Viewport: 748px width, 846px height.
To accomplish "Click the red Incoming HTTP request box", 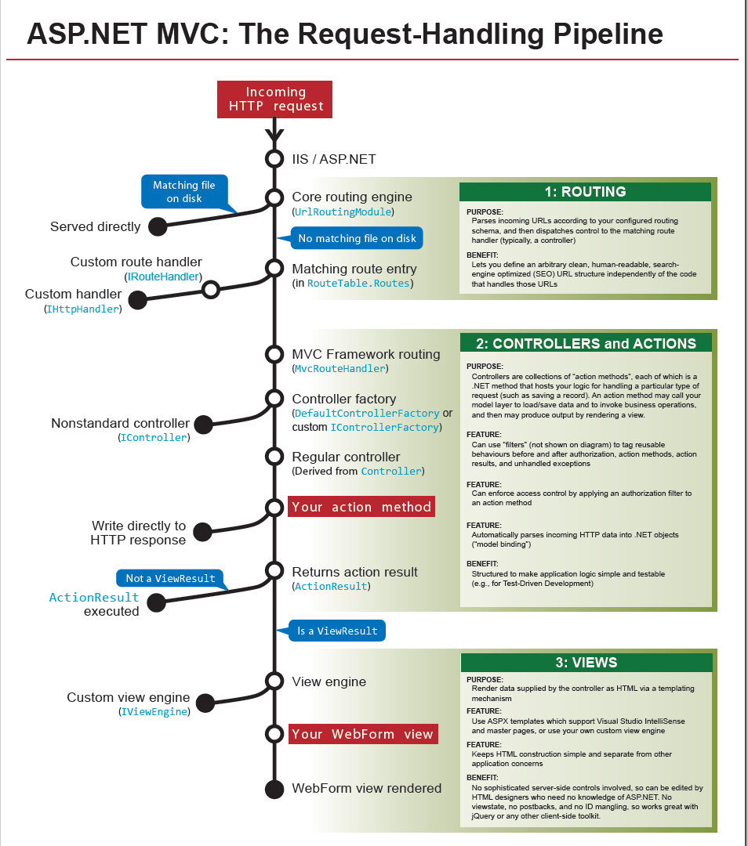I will [275, 99].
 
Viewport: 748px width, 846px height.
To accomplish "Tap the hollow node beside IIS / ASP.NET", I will [274, 159].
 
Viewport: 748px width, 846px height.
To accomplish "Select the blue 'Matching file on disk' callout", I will [184, 192].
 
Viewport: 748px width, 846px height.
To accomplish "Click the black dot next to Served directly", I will [158, 227].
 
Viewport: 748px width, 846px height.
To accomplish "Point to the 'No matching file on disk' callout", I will [357, 238].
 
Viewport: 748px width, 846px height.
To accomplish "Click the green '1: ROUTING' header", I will [585, 192].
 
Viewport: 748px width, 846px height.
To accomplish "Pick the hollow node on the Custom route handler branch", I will [210, 290].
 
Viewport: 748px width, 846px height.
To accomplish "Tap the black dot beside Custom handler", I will [138, 300].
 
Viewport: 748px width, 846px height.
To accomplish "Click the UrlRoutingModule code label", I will [343, 211].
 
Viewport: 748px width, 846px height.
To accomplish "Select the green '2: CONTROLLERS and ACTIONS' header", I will [585, 343].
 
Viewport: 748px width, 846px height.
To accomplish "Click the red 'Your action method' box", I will [361, 507].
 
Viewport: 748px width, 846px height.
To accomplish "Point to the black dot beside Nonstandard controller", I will [203, 425].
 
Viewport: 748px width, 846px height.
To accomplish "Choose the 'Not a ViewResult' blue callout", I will [170, 578].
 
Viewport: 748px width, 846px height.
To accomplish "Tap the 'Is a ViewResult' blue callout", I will [337, 631].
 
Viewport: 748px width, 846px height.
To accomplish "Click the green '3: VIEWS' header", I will [586, 662].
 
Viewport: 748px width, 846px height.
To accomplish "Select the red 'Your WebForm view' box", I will [362, 734].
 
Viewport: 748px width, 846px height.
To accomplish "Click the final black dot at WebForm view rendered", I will [274, 789].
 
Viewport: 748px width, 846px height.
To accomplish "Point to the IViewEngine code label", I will [154, 711].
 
